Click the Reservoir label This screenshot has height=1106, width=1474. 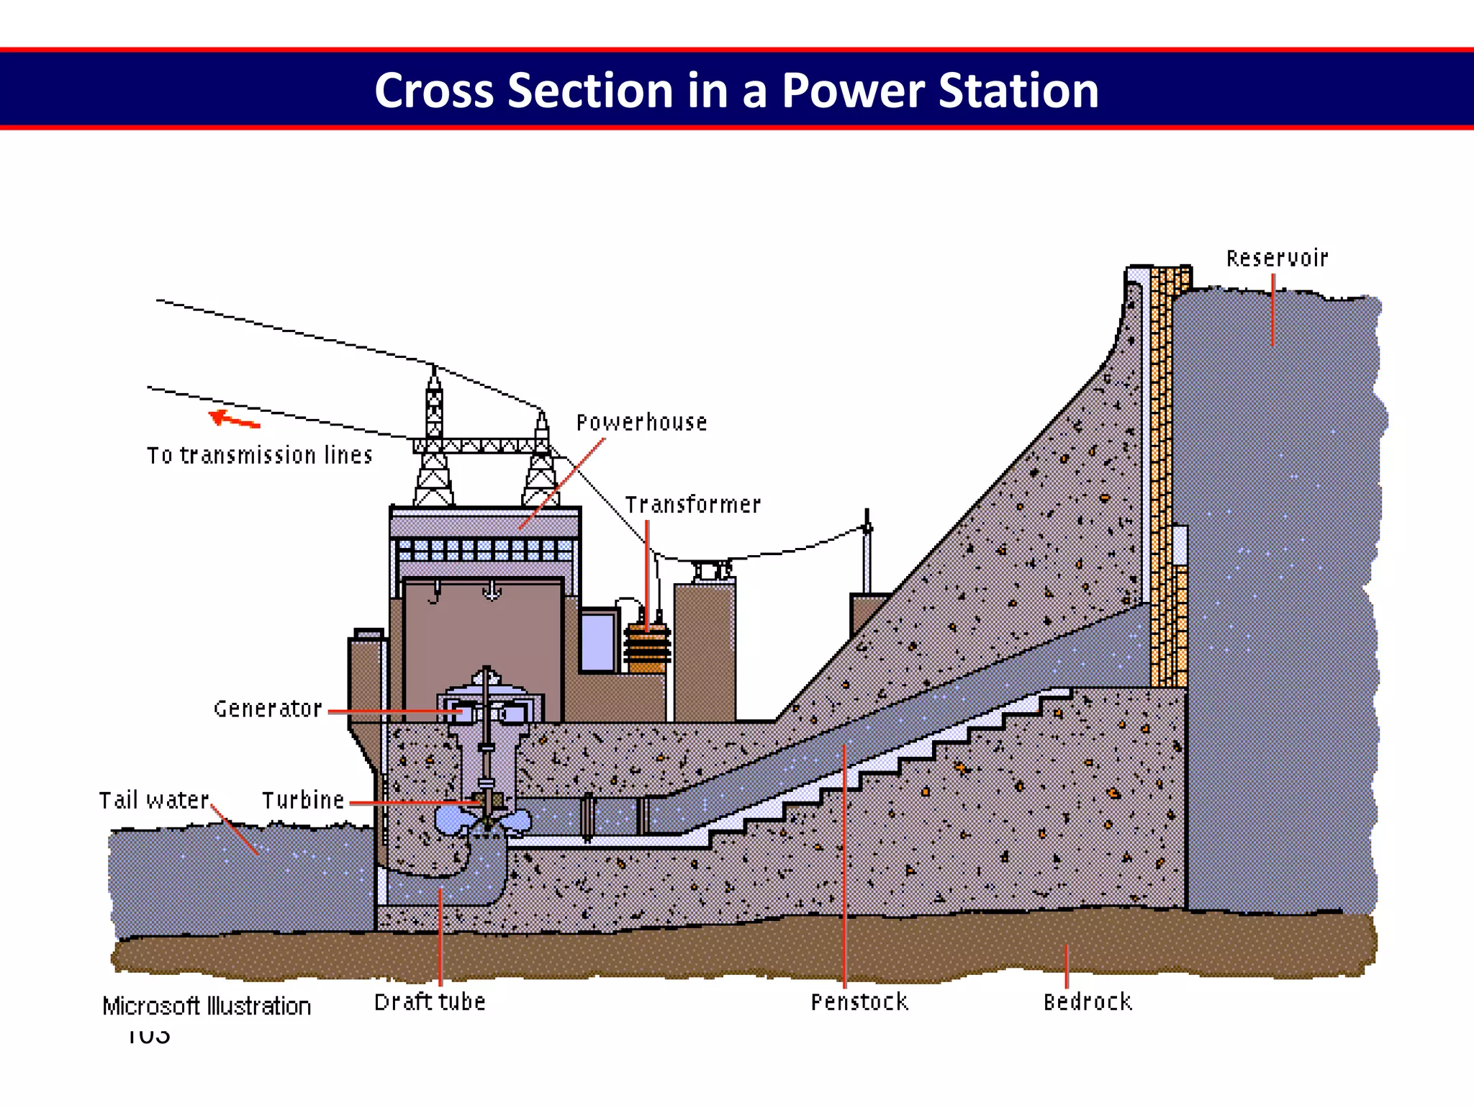coord(1277,258)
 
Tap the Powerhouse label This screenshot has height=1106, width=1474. coord(641,423)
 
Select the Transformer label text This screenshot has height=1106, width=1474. coord(692,505)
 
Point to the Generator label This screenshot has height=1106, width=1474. coord(268,709)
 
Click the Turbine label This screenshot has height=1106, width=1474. coord(303,801)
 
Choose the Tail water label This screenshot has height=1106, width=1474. coord(154,801)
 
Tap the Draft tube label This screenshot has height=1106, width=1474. coord(430,1002)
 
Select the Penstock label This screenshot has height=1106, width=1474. coord(859,1002)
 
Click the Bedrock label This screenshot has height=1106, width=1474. coord(1088,1002)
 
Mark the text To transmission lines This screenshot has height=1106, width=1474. coord(260,456)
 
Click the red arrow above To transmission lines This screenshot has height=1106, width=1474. coord(233,419)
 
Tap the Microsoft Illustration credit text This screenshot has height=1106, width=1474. coord(207,1006)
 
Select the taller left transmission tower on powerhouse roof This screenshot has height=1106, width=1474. coord(433,439)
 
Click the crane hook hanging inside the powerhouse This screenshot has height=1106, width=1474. coord(492,592)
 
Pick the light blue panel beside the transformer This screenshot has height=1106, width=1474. coord(597,641)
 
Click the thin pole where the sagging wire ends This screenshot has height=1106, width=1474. coord(867,554)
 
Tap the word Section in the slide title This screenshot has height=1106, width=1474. coord(590,91)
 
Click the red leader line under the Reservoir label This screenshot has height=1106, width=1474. coord(1272,310)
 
